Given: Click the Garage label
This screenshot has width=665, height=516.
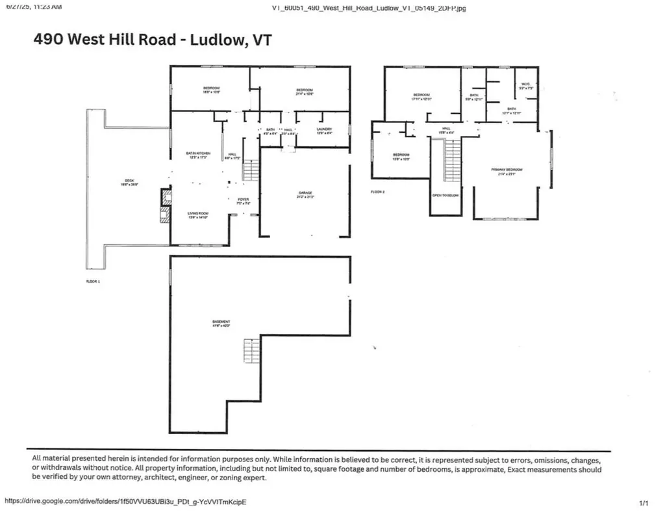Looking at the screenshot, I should pos(306,194).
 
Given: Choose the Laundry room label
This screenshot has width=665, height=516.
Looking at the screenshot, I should pos(325,131).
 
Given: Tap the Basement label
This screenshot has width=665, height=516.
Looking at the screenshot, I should pos(221,324).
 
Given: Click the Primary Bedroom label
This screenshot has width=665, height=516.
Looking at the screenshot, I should pos(507,170).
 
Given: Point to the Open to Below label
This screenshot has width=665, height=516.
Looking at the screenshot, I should pos(446,195).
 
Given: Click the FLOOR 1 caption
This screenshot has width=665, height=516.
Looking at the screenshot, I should pos(94,281).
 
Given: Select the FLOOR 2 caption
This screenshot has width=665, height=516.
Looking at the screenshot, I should pos(379,192).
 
